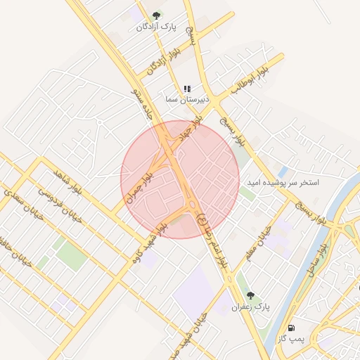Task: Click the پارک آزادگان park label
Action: (157, 27)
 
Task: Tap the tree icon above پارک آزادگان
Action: (157, 15)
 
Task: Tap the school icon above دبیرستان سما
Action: (186, 89)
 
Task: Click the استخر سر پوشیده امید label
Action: (282, 182)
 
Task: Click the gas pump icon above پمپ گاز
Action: (290, 328)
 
